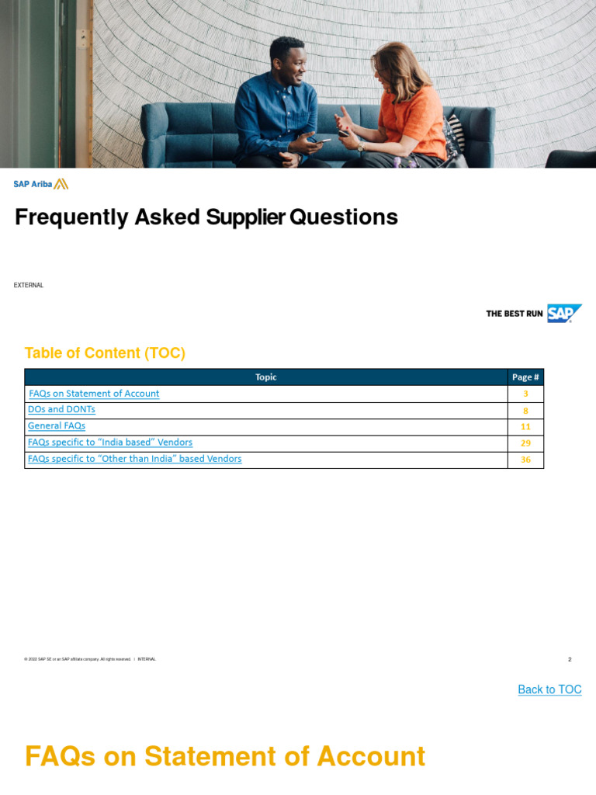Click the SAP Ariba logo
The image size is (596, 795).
click(x=40, y=184)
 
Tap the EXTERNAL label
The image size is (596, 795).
click(x=29, y=286)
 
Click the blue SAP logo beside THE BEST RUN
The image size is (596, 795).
click(x=563, y=313)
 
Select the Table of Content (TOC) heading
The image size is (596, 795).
click(x=105, y=353)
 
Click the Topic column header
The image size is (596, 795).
click(x=265, y=377)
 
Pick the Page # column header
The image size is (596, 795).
click(x=525, y=377)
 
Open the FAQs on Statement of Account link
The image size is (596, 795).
click(x=94, y=394)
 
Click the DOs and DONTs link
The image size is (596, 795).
click(x=61, y=409)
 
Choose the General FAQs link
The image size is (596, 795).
click(x=57, y=425)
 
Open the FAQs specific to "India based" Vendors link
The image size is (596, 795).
click(x=110, y=443)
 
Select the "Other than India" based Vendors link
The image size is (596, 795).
click(x=134, y=459)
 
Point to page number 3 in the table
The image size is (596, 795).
click(x=525, y=394)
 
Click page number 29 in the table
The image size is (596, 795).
click(x=525, y=443)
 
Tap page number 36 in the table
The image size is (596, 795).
click(x=525, y=460)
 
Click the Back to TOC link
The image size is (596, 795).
click(x=549, y=689)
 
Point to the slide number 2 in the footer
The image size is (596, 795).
click(x=570, y=659)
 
